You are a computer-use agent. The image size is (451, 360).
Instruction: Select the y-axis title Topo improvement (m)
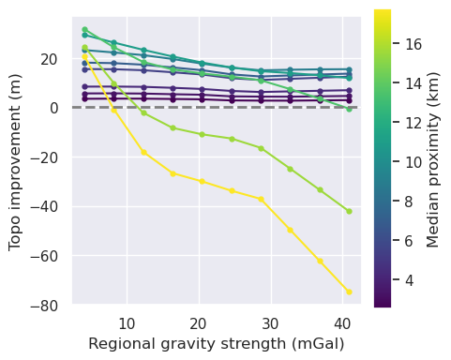coord(15,161)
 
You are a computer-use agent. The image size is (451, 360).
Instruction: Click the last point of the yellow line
coord(349,292)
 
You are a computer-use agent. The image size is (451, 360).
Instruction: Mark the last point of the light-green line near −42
coord(349,211)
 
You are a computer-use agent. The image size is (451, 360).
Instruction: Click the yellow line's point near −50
coord(291,230)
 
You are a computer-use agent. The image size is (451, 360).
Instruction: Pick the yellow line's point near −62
coord(320,261)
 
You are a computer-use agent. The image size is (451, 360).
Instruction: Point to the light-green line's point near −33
coord(320,189)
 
